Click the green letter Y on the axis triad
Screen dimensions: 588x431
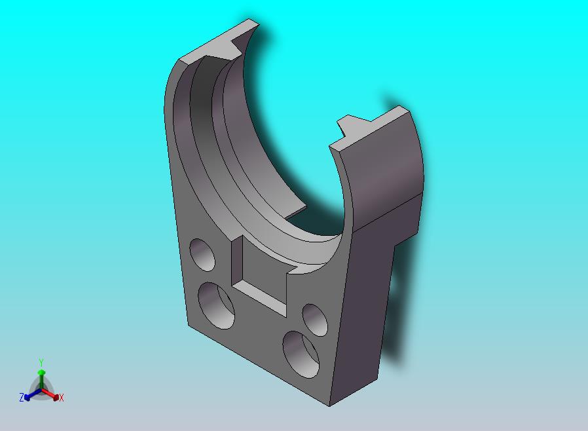pyautogui.click(x=41, y=362)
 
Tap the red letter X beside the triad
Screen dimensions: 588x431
pyautogui.click(x=62, y=398)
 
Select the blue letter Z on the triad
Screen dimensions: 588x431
pyautogui.click(x=22, y=397)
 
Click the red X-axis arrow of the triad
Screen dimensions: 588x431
pyautogui.click(x=50, y=394)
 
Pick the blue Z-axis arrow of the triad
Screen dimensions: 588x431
pyautogui.click(x=33, y=394)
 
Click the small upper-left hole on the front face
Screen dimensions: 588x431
pyautogui.click(x=202, y=254)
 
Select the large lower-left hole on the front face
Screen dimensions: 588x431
pyautogui.click(x=216, y=306)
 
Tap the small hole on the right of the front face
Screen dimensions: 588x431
pyautogui.click(x=315, y=320)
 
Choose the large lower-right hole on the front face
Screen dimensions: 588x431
pyautogui.click(x=301, y=354)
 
